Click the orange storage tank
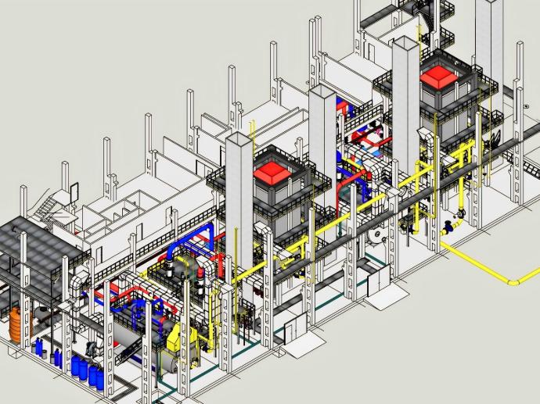click(16, 324)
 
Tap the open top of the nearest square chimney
click(239, 138)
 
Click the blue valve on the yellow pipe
click(448, 227)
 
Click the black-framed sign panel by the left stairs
click(74, 190)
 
